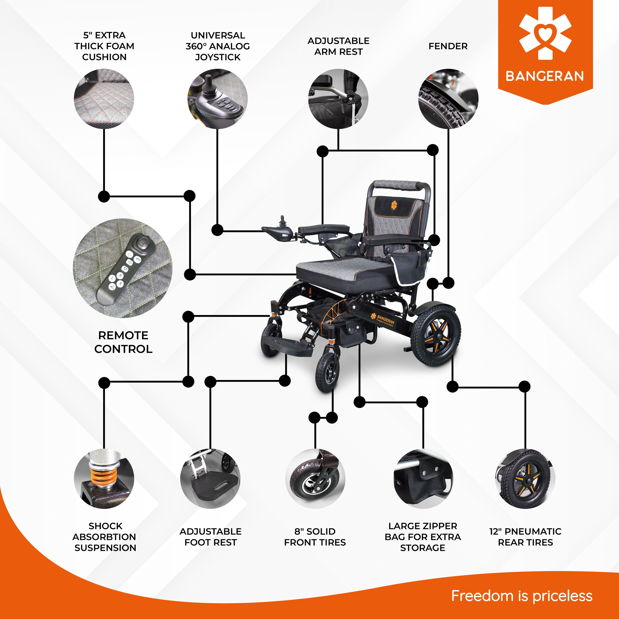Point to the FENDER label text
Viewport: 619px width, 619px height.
(x=448, y=46)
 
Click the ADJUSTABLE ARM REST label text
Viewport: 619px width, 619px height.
(x=338, y=46)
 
